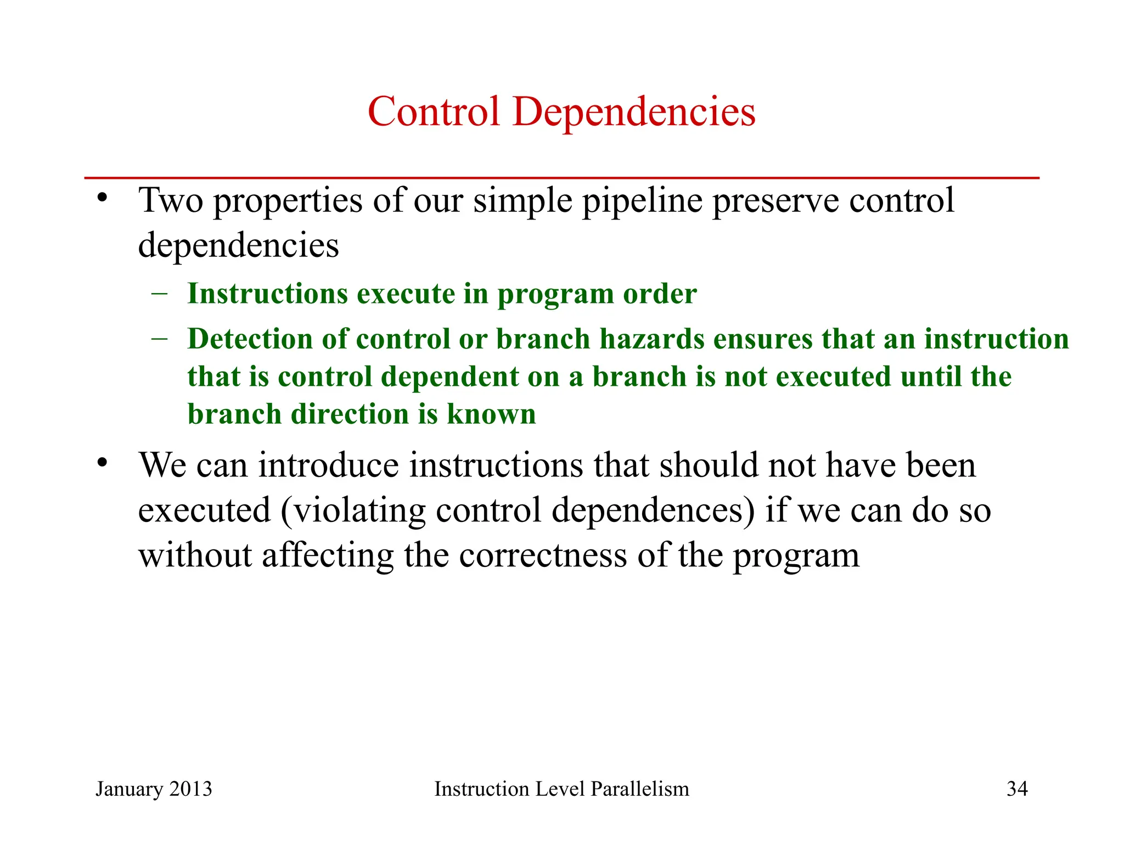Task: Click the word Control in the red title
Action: point(434,111)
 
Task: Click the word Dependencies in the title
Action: point(634,113)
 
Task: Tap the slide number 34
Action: point(1017,789)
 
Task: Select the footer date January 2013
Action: point(154,789)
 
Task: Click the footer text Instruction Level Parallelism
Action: point(561,789)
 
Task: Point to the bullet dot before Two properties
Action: point(102,198)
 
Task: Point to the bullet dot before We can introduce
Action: point(102,463)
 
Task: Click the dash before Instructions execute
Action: point(159,293)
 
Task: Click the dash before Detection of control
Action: point(159,338)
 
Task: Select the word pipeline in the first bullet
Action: point(642,201)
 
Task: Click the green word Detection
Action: point(250,339)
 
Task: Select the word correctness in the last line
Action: point(543,555)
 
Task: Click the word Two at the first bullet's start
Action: point(171,200)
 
